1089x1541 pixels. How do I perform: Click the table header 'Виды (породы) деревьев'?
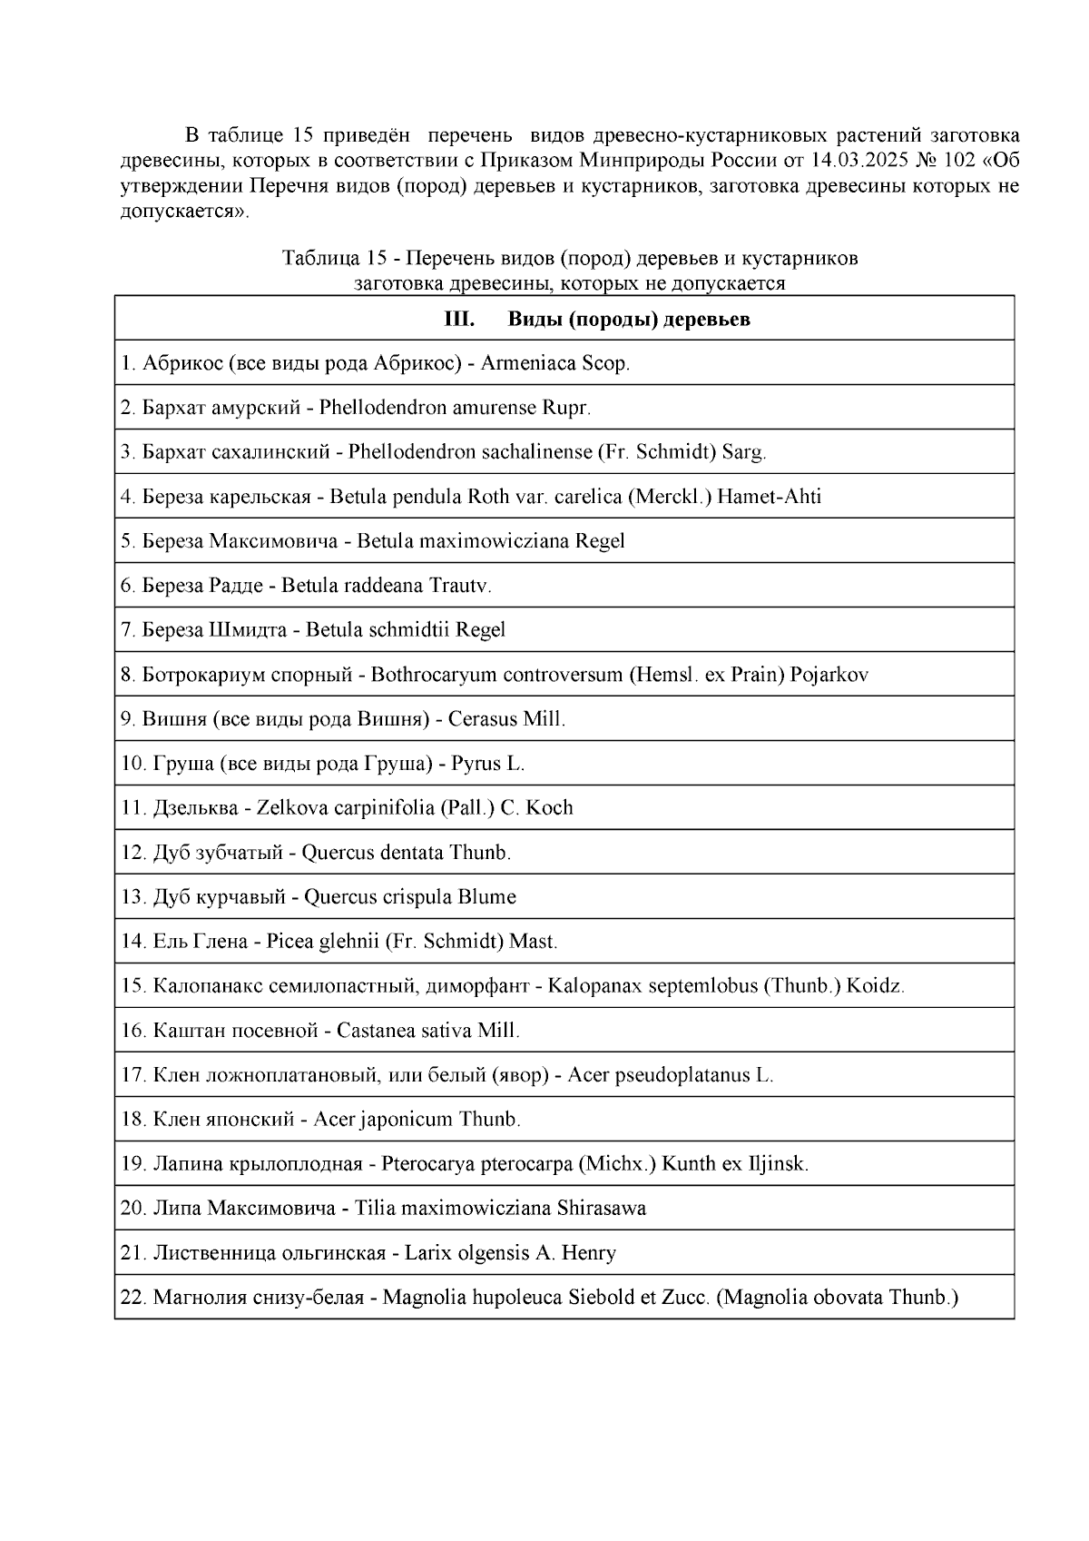629,320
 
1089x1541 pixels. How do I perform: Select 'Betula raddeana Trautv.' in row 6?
387,586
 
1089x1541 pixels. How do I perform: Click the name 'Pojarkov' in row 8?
829,675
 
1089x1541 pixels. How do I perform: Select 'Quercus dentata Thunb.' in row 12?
406,853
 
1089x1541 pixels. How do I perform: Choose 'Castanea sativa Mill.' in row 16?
427,1031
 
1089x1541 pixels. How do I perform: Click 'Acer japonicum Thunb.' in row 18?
417,1120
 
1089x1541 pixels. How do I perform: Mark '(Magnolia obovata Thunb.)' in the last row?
837,1298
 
